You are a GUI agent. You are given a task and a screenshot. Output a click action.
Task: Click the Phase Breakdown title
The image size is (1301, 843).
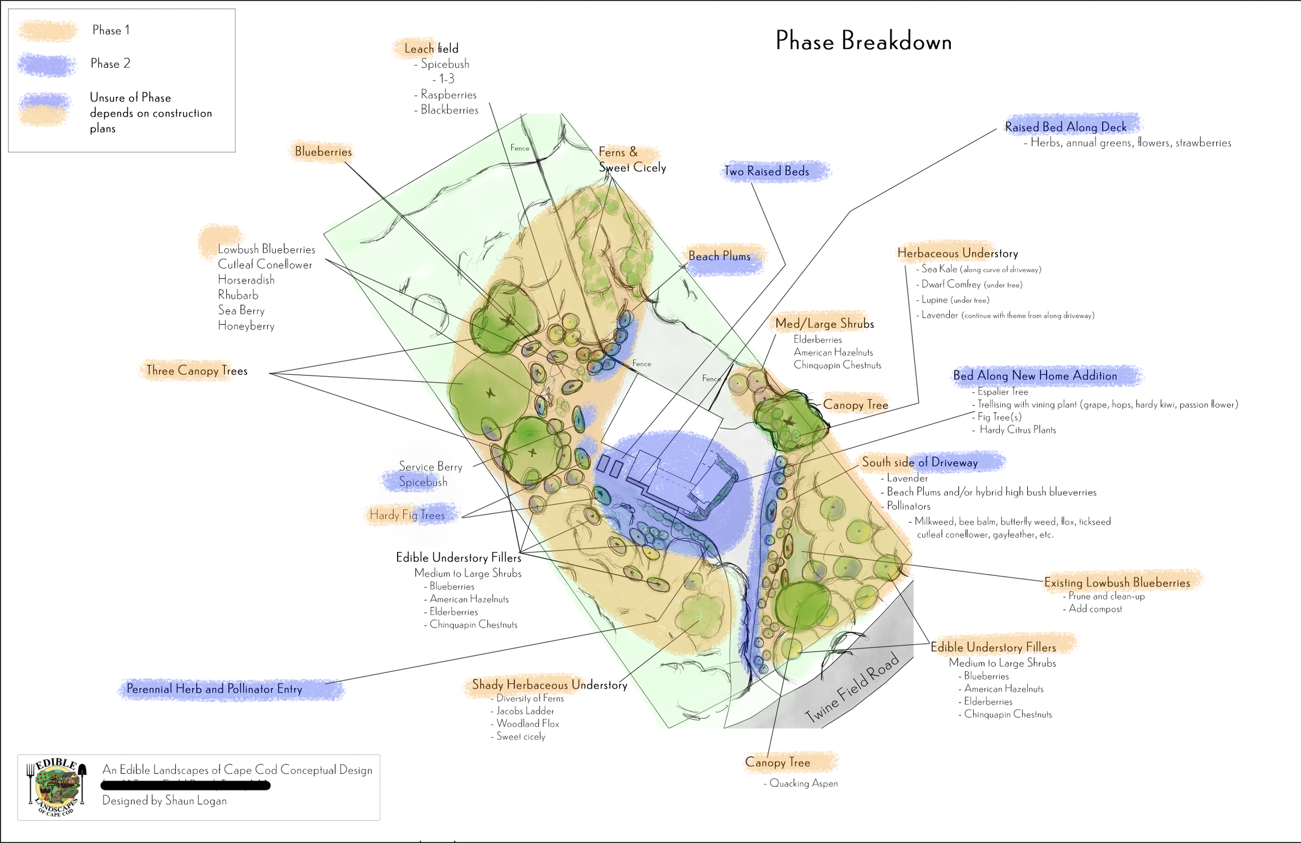click(x=863, y=42)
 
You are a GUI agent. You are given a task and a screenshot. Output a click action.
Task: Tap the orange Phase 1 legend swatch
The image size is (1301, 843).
click(x=47, y=31)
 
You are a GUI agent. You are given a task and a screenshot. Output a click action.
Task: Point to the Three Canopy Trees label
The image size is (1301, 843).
click(x=197, y=371)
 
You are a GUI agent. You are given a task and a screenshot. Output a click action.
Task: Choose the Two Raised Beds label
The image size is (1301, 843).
click(x=767, y=171)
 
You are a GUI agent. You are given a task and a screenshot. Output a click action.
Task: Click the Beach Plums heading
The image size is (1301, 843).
click(x=719, y=256)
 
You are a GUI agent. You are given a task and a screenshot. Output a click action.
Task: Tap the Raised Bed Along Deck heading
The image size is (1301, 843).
click(x=1065, y=127)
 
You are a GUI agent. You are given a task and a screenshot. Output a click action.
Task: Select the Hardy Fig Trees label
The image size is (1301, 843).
click(x=407, y=515)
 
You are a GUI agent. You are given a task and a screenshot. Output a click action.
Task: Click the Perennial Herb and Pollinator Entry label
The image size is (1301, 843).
click(x=214, y=689)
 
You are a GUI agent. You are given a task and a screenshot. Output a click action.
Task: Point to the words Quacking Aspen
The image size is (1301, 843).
click(x=803, y=783)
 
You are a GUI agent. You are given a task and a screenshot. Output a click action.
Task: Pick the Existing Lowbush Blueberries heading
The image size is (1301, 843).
click(x=1117, y=583)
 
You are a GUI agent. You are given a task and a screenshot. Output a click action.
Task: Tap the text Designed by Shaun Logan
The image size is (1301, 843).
click(x=164, y=800)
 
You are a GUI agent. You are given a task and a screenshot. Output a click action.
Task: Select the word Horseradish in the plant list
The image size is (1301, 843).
click(x=246, y=280)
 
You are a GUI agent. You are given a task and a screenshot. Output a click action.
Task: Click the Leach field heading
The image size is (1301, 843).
click(x=431, y=49)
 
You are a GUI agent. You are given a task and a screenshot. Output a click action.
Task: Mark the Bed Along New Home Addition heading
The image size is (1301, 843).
click(x=1035, y=376)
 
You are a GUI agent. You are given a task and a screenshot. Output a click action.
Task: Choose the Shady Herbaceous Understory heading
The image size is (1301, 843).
click(x=550, y=685)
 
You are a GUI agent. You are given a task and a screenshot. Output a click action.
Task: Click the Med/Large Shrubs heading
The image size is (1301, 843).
click(x=824, y=324)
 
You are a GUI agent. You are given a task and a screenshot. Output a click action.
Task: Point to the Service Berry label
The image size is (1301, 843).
click(x=430, y=466)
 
